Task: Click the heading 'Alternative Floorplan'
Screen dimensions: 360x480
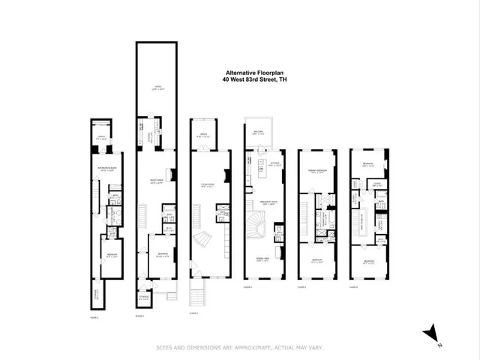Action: (x=250, y=73)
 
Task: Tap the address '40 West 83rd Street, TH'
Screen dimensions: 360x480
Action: (x=250, y=80)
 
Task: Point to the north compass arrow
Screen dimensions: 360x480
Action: (x=430, y=331)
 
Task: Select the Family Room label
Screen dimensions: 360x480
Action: (x=158, y=184)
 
